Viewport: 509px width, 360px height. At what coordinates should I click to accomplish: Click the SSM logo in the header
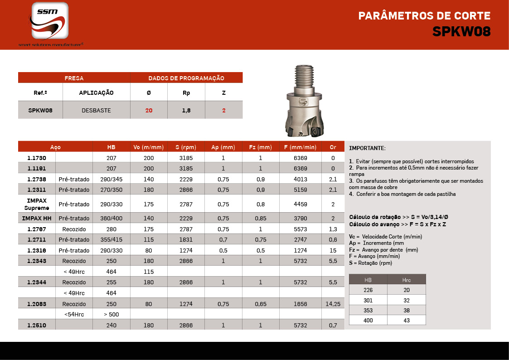point(50,21)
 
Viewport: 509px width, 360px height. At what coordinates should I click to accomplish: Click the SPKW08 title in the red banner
point(461,31)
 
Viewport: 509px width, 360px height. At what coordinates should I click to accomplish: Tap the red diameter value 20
point(149,110)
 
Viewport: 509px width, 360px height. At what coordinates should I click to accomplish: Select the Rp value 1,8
point(186,110)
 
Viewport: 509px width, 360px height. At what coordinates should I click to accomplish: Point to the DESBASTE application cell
point(96,110)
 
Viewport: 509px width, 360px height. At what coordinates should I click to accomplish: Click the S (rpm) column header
point(186,147)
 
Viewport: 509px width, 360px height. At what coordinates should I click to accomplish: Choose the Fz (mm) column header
point(261,147)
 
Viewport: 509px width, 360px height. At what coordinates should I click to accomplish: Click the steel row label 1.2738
point(37,179)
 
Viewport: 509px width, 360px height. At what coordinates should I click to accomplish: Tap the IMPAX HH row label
point(37,219)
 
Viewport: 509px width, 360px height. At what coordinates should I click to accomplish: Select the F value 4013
point(300,179)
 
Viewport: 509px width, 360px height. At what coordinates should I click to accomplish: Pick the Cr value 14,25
point(333,304)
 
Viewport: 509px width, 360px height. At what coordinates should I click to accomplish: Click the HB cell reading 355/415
point(111,239)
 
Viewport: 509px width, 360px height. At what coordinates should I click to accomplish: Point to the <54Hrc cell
point(74,314)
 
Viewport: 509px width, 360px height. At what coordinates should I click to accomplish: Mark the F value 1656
point(300,304)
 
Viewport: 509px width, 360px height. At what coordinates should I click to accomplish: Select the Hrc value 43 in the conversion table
point(406,320)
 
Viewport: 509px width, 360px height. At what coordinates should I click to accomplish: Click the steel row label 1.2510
point(37,325)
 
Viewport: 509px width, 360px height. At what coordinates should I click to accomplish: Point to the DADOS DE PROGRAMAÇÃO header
point(186,78)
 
